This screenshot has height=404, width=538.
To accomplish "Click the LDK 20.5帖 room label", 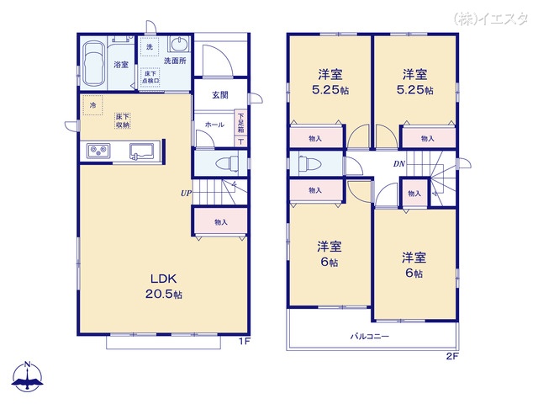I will coord(166,286).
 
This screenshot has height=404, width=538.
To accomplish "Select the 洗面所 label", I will coord(175,61).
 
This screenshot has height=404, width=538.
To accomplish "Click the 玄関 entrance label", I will coord(220,93).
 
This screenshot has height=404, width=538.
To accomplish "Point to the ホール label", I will coord(214,124).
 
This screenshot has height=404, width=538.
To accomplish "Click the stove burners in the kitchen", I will coord(98,151).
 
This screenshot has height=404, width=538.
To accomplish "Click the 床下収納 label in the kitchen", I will coord(123,121).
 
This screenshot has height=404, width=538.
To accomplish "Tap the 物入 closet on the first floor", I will coord(220,222).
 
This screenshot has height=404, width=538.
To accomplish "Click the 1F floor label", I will coord(242,341).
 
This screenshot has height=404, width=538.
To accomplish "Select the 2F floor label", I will coord(451,356).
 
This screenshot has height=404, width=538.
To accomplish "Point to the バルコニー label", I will coord(370,337).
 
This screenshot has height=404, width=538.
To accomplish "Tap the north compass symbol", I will coord(28,376).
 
